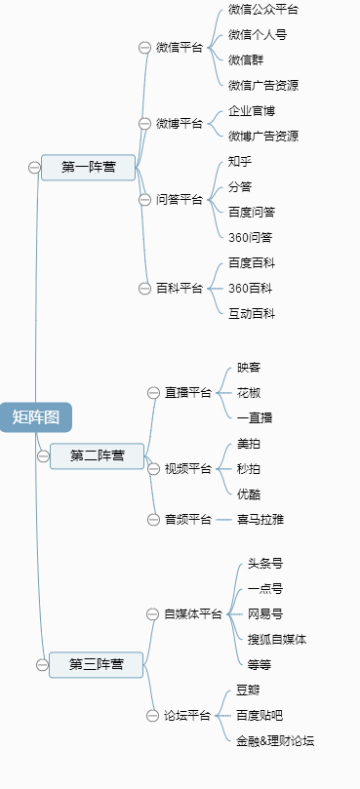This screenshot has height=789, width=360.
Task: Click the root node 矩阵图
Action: tap(36, 417)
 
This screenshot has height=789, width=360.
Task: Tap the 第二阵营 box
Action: tap(97, 455)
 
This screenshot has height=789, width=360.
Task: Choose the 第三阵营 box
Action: tap(96, 664)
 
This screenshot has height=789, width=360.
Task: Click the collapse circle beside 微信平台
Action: tap(145, 47)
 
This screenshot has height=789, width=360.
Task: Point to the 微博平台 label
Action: tap(180, 124)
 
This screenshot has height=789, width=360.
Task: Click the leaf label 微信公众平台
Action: tap(263, 10)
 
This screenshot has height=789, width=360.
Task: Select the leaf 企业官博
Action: tap(252, 111)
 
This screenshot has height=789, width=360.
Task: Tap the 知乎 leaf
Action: tap(240, 161)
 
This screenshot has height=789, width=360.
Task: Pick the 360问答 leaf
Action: tap(250, 237)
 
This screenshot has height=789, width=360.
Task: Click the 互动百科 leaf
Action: tap(252, 313)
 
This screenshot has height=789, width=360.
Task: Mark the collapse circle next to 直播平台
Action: tap(153, 392)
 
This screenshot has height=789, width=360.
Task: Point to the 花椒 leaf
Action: tap(249, 392)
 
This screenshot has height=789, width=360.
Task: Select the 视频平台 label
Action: tap(187, 468)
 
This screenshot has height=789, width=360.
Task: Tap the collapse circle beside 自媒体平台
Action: tap(153, 613)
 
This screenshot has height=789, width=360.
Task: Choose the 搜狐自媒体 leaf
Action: tap(277, 639)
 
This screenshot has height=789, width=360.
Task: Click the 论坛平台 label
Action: tap(187, 715)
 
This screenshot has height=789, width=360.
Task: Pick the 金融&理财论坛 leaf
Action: tap(275, 740)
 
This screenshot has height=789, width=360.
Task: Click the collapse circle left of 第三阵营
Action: tap(42, 664)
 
